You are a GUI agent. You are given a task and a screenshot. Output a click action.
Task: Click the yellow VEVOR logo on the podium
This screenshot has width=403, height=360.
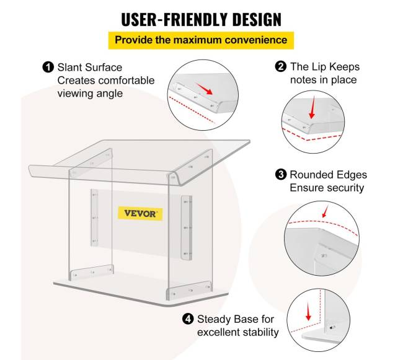(x=140, y=213)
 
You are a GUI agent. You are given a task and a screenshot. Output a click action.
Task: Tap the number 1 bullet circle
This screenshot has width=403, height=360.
(x=48, y=68)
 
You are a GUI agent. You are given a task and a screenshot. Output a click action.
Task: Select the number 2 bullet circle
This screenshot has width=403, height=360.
(x=281, y=66)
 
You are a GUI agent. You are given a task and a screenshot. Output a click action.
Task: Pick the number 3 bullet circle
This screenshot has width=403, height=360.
(x=281, y=175)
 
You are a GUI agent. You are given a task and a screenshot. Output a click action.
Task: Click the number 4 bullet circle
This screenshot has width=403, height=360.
(x=188, y=319)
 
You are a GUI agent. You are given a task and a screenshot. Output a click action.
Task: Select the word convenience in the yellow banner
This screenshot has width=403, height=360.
(x=256, y=40)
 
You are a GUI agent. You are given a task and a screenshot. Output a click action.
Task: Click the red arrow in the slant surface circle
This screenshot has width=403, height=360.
(x=205, y=89)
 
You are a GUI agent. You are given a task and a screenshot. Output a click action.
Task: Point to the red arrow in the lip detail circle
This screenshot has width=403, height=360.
(x=312, y=107)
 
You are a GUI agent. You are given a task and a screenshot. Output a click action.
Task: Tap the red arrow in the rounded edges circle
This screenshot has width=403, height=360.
(x=325, y=211)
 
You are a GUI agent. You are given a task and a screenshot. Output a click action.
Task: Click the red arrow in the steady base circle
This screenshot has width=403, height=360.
(x=308, y=311)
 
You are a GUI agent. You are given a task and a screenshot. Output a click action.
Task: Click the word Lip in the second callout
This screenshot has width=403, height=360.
(x=319, y=67)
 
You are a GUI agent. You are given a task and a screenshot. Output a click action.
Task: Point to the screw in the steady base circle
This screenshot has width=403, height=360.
(x=332, y=327)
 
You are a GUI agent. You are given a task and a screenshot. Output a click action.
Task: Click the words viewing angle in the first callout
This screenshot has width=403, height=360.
(x=91, y=94)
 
